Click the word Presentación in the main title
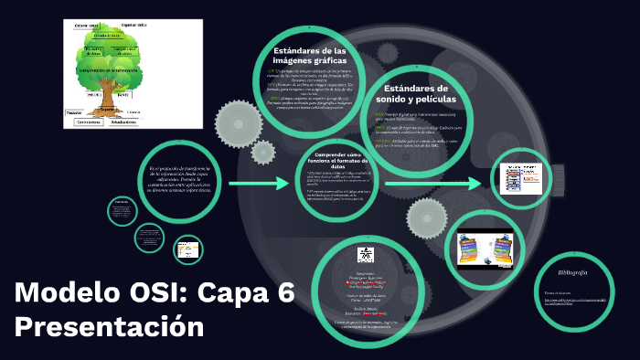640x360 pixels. tap(110, 326)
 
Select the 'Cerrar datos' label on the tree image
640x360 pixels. tap(88, 26)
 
